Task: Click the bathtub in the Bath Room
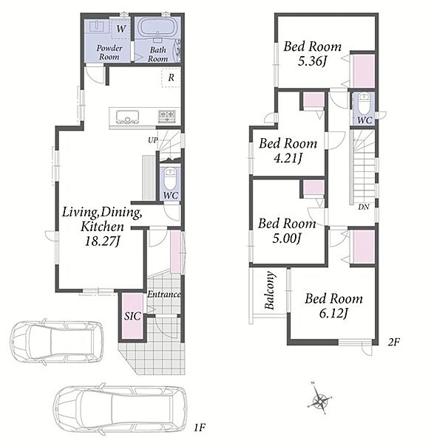coord(156,28)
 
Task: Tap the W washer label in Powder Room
coord(121,29)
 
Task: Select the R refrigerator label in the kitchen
coord(171,78)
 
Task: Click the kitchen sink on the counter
coord(127,117)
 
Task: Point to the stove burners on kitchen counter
coord(167,116)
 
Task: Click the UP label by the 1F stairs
coord(153,140)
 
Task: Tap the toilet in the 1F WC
coord(170,179)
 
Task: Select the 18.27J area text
coord(103,241)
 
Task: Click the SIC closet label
coord(132,316)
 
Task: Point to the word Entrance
coord(164,294)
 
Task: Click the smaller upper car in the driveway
coord(57,342)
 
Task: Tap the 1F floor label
coord(200,427)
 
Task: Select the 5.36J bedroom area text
coord(312,61)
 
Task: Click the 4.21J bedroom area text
coord(288,158)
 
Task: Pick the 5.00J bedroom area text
coord(286,238)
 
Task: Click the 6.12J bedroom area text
coord(333,313)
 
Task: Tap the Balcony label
coord(269,290)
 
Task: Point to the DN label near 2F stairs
coord(364,207)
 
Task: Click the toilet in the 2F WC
coord(364,104)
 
